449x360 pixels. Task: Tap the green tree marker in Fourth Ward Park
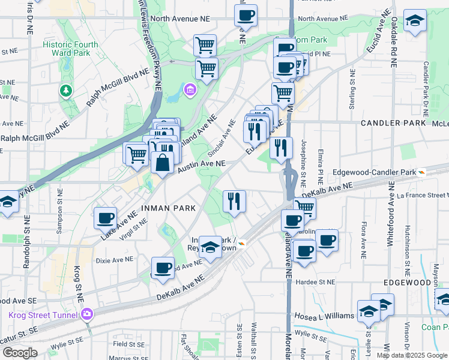65,91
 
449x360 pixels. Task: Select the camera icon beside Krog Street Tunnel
87,314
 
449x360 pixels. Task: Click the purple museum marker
190,90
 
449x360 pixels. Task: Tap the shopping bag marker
162,162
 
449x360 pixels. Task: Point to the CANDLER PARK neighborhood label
393,123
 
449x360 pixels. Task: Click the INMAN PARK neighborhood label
168,208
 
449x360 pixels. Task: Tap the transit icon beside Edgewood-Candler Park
423,172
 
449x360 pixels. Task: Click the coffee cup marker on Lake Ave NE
106,218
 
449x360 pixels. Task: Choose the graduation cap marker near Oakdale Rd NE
414,22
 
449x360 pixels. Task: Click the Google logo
19,353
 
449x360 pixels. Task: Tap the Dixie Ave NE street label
114,260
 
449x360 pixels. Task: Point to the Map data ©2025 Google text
411,355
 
